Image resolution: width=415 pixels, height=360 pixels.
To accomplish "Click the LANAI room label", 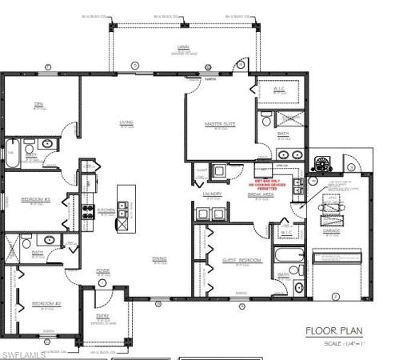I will tap(183, 47).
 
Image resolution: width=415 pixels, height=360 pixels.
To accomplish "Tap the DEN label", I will tap(38, 104).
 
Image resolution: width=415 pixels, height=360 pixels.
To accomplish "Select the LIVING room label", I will tap(126, 122).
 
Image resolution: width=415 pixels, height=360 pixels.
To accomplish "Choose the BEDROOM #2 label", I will tap(42, 303).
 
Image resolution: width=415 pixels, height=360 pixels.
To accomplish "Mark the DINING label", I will tap(160, 258).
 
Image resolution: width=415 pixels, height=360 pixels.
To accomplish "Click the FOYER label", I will tap(103, 270).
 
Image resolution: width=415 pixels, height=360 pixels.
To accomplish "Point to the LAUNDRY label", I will tap(212, 194).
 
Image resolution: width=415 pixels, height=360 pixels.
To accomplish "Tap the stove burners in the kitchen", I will tap(88, 212).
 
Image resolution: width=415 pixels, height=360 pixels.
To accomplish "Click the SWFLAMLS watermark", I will tap(23, 354).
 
